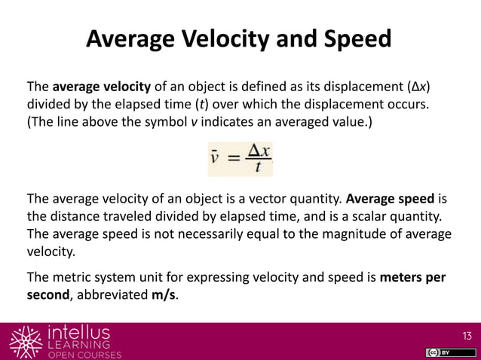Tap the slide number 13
[x=466, y=334]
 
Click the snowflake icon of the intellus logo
[x=25, y=341]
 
